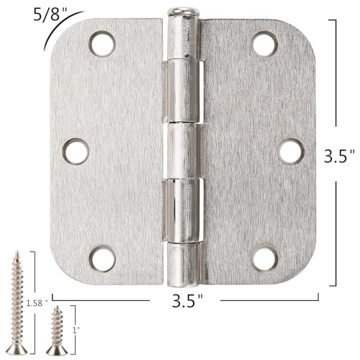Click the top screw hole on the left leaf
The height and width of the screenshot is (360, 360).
point(100,44)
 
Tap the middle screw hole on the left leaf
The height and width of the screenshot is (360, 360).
point(75,150)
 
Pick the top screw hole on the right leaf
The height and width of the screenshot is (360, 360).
point(265,44)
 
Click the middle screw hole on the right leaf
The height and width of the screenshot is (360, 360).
point(290,150)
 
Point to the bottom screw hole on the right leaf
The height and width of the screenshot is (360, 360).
point(265,257)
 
